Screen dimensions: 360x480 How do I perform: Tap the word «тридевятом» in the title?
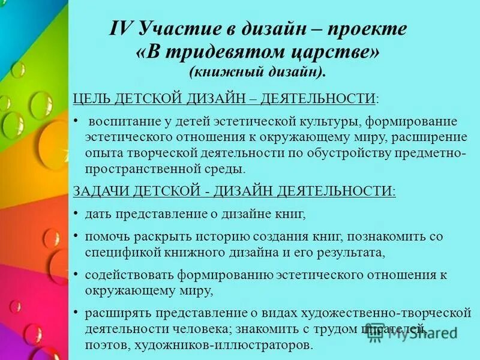click(x=212, y=52)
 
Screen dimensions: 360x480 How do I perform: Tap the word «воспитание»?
click(x=123, y=122)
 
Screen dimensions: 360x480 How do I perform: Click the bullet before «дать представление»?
click(x=76, y=213)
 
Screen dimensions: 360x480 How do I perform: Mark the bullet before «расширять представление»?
click(x=76, y=313)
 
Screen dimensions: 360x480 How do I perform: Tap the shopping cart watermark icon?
click(x=376, y=334)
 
